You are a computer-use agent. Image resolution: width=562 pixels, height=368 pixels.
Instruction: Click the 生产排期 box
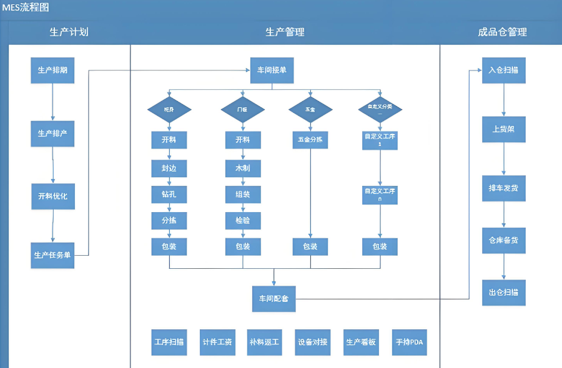[53, 70]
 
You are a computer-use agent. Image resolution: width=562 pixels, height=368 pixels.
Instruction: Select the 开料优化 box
[53, 196]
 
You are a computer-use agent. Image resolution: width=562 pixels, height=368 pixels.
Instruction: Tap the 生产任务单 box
[53, 255]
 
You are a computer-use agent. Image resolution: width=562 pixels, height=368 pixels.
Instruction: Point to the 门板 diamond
[243, 109]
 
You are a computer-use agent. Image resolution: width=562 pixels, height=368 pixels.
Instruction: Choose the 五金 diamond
[310, 109]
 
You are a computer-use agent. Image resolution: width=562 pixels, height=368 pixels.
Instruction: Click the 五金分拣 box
[310, 140]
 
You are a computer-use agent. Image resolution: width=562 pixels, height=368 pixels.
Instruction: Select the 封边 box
[169, 168]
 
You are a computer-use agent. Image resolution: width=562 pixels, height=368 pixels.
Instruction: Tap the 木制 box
[243, 168]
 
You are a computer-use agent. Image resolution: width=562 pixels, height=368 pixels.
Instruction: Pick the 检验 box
[243, 220]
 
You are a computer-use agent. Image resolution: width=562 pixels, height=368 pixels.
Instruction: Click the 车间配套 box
[274, 299]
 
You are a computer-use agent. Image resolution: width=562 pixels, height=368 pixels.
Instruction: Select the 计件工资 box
[217, 342]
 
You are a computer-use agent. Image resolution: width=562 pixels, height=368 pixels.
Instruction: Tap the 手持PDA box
[410, 342]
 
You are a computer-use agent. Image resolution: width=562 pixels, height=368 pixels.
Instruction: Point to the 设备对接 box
[313, 342]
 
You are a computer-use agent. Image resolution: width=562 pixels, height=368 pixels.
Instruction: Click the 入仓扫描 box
[503, 70]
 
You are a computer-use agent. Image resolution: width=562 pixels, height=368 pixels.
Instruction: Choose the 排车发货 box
[503, 187]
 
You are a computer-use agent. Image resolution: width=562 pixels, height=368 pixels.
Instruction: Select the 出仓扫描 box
[503, 292]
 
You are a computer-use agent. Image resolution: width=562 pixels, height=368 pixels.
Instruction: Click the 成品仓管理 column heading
[502, 32]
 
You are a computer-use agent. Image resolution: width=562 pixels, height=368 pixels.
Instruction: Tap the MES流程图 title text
[26, 7]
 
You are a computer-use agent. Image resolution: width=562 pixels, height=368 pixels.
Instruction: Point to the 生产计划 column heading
[69, 32]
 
